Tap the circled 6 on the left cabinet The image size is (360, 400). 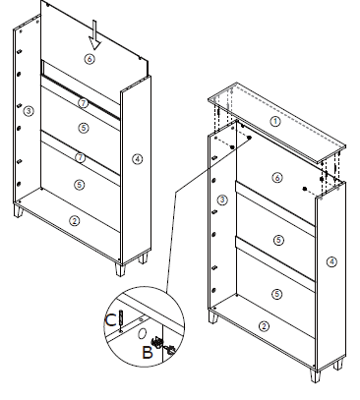(x=89, y=59)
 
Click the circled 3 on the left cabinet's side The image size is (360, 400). (x=30, y=110)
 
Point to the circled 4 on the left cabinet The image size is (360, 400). (x=138, y=157)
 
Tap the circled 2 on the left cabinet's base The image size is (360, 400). (x=73, y=221)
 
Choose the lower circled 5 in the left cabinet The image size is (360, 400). (x=80, y=184)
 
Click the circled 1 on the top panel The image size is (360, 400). (x=275, y=121)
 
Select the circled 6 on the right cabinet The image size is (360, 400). (x=276, y=177)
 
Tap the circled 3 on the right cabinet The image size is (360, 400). (x=223, y=200)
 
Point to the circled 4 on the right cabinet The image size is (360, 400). (x=332, y=261)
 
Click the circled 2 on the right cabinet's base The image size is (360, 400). (x=264, y=325)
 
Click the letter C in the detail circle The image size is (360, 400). (x=109, y=319)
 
